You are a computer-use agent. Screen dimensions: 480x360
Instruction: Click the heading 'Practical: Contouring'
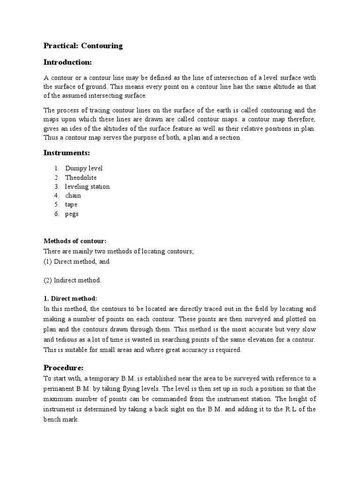click(x=83, y=46)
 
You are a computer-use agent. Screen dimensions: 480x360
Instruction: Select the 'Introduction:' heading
click(x=67, y=62)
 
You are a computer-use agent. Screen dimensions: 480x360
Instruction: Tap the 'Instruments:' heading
click(x=67, y=153)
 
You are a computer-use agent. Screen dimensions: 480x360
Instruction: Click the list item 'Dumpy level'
click(x=83, y=168)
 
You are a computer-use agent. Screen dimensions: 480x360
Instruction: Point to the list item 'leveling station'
click(x=87, y=187)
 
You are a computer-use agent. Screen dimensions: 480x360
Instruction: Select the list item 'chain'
click(x=73, y=195)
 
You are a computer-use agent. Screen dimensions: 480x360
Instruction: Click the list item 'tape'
click(x=71, y=204)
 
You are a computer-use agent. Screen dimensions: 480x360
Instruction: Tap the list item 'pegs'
click(x=72, y=214)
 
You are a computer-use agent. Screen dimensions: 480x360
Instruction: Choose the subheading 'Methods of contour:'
click(x=75, y=241)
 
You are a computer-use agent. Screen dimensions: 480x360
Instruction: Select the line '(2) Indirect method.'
click(x=72, y=280)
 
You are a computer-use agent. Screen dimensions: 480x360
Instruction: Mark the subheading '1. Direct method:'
click(x=70, y=298)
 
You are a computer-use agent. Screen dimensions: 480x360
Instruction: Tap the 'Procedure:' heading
click(x=63, y=367)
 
